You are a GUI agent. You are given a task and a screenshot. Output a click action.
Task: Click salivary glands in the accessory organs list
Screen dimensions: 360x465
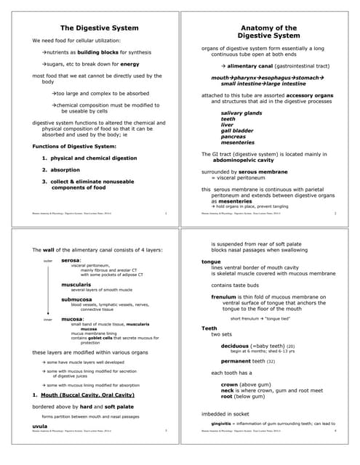click(x=239, y=113)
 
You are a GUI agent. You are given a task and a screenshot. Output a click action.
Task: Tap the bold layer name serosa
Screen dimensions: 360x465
click(x=71, y=259)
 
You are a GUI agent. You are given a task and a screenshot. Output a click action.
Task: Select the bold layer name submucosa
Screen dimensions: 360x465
click(x=77, y=299)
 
